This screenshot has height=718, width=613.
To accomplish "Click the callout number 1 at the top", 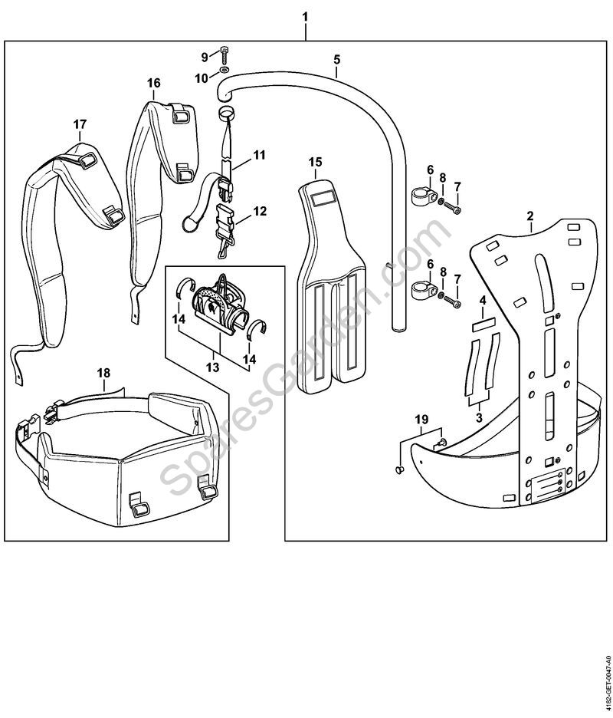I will [x=306, y=16].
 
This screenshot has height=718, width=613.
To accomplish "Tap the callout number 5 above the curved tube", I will [x=337, y=58].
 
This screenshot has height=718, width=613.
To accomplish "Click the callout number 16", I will [x=154, y=82].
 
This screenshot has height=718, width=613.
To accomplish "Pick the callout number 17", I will [x=80, y=124].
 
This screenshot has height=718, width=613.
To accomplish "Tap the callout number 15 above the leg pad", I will [x=316, y=162].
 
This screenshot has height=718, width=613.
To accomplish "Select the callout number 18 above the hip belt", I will [x=104, y=372].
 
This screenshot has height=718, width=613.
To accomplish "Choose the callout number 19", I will [x=421, y=419].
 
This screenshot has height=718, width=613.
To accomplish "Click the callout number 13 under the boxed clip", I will [x=212, y=368].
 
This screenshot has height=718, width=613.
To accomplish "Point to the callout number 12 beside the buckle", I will [x=261, y=210].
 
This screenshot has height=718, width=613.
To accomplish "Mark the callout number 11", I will [x=260, y=155].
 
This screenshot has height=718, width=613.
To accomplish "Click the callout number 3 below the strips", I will [x=479, y=418].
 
